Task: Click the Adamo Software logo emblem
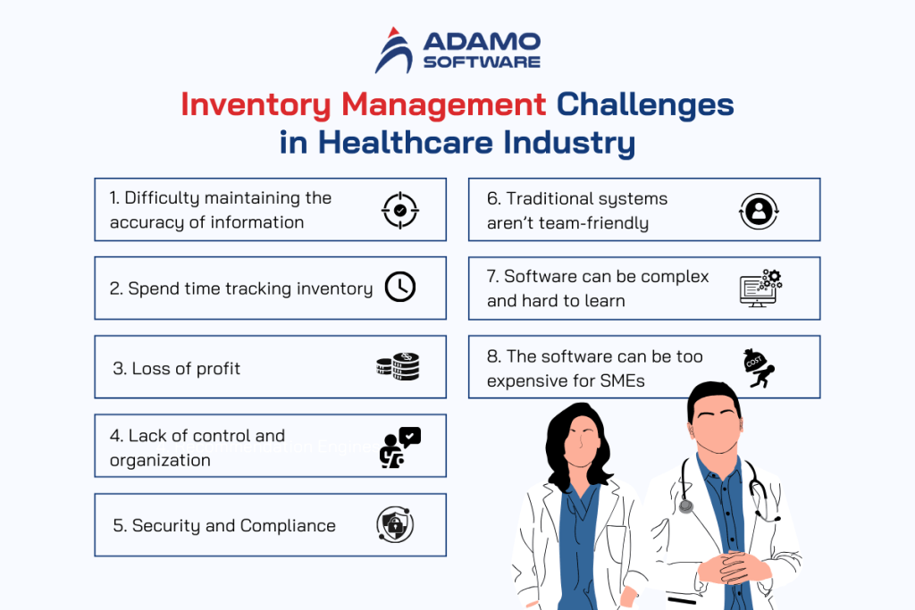392,50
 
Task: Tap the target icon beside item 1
399,210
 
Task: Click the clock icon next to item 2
399,288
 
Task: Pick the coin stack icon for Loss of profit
398,366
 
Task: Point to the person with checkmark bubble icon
399,447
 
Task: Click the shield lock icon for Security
395,525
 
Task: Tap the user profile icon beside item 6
759,211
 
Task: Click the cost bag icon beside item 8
758,365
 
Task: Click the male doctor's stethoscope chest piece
685,506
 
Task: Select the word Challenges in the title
645,104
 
